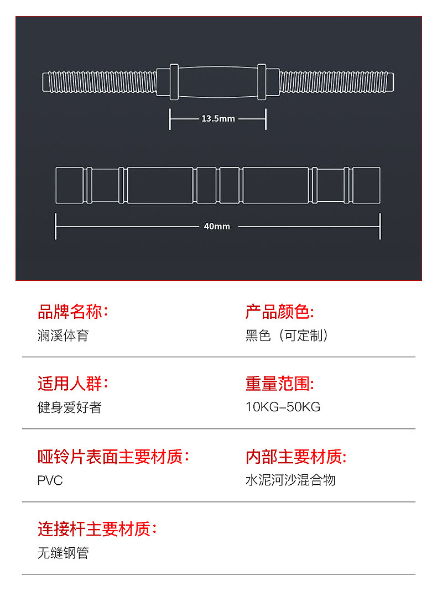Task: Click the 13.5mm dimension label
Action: [x=218, y=119]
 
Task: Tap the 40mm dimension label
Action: [x=217, y=227]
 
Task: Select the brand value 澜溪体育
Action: [x=63, y=336]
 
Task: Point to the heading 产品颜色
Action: [x=279, y=312]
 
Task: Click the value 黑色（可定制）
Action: [x=287, y=336]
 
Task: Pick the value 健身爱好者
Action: [x=69, y=407]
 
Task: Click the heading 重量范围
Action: [x=279, y=384]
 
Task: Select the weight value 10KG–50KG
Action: [x=283, y=407]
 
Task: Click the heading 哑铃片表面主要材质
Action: [x=113, y=457]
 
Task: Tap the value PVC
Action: [x=50, y=480]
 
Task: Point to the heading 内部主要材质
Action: [x=295, y=457]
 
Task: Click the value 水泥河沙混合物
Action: [x=290, y=480]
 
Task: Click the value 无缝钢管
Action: [x=63, y=553]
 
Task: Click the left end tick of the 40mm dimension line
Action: [x=56, y=227]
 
